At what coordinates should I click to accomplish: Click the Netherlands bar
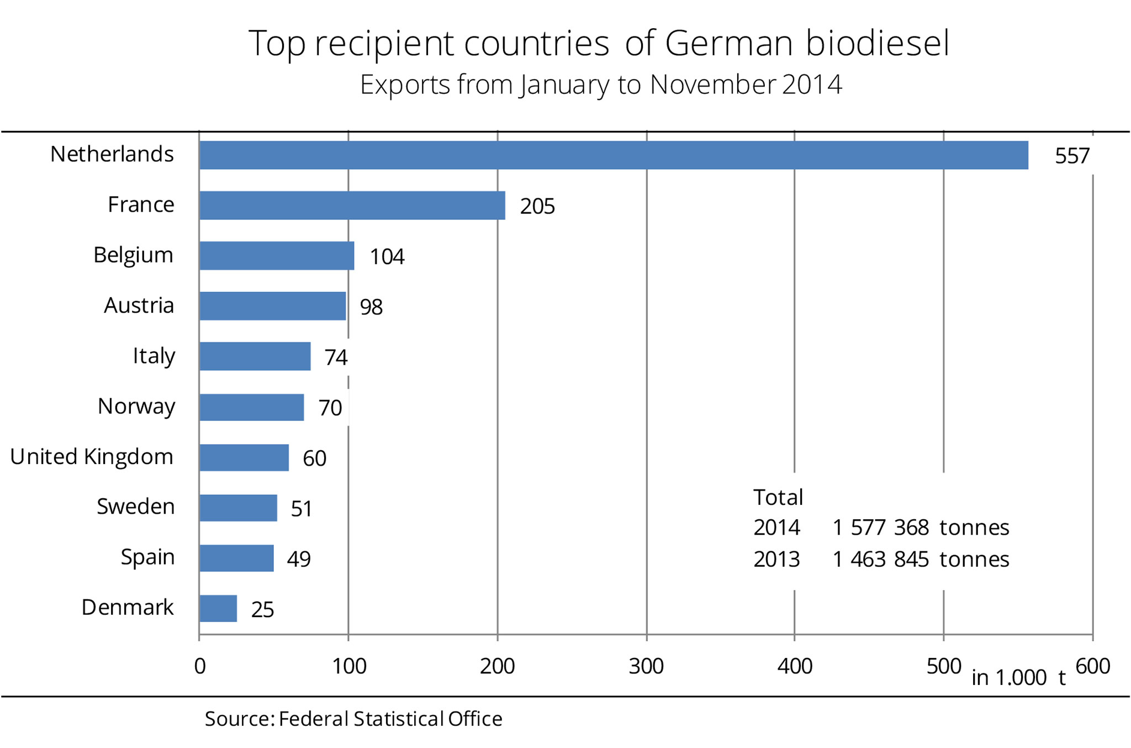(x=613, y=155)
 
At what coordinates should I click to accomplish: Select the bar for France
(x=352, y=206)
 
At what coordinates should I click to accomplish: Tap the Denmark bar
(x=218, y=608)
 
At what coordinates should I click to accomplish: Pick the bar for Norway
(x=251, y=407)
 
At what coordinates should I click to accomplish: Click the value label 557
(x=1072, y=156)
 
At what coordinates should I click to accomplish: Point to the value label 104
(x=387, y=257)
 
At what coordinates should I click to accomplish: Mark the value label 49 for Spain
(x=299, y=559)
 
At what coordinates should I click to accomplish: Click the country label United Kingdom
(x=92, y=457)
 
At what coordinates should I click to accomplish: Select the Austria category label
(x=139, y=305)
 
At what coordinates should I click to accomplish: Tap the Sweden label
(x=135, y=507)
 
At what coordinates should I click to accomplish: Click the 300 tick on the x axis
(x=646, y=667)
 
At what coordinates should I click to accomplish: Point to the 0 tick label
(x=200, y=667)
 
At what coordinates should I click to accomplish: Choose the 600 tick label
(x=1093, y=667)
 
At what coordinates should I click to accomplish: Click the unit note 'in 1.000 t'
(x=1018, y=678)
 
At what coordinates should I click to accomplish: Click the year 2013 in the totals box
(x=776, y=560)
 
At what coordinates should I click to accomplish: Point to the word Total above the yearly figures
(x=778, y=498)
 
